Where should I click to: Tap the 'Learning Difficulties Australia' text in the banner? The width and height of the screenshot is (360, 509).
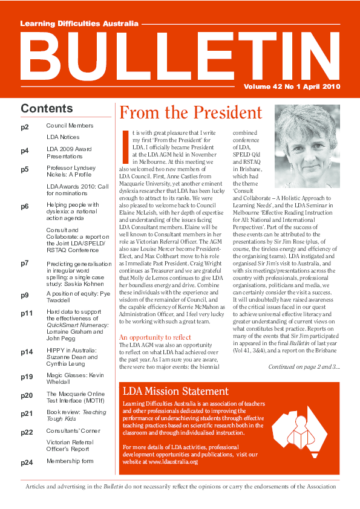click(x=79, y=24)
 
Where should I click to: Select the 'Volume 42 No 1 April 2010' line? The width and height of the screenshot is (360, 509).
click(x=292, y=86)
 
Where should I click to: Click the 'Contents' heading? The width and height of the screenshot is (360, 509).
click(x=47, y=109)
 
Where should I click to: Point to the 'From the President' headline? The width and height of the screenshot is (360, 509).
click(x=191, y=112)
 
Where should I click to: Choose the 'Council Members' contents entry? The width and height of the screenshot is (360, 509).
click(x=70, y=126)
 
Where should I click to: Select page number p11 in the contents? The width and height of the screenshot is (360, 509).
click(x=27, y=296)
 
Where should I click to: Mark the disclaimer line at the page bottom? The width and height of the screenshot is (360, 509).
click(x=180, y=486)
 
